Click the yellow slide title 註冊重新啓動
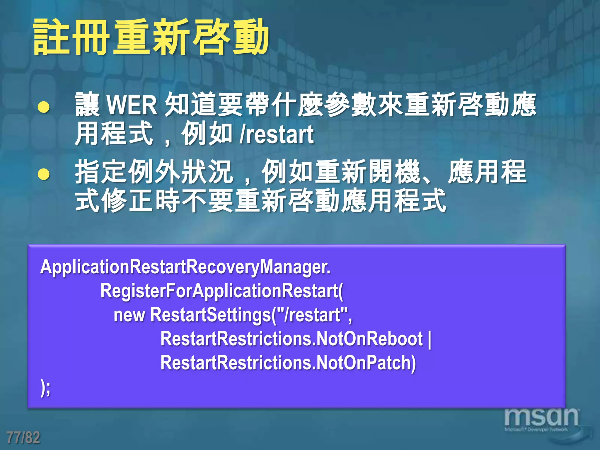click(151, 37)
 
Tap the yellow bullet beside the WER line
click(44, 107)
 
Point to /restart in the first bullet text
click(277, 135)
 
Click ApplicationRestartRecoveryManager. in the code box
click(185, 267)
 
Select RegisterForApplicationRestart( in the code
click(222, 291)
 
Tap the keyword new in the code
click(129, 315)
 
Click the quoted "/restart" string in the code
click(312, 315)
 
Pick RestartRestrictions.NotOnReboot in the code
click(291, 339)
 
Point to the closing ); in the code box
click(45, 388)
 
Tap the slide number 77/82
click(23, 437)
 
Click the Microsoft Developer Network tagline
click(536, 430)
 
